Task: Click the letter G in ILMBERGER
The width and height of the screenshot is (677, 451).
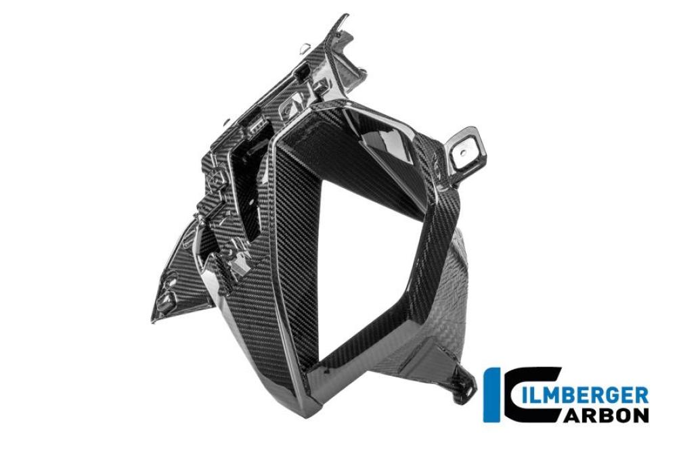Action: (x=621, y=394)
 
